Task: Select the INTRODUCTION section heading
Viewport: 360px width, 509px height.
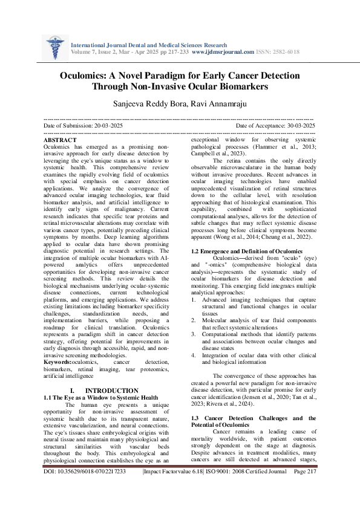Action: (x=113, y=391)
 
